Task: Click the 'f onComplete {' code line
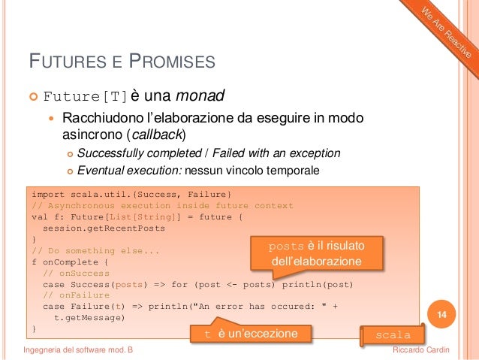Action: coord(69,262)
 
